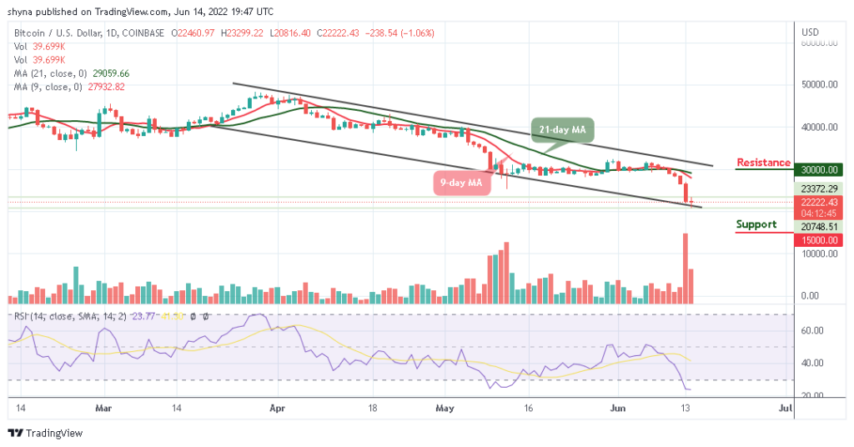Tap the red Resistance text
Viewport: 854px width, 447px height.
tap(763, 162)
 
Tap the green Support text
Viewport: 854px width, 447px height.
tap(756, 224)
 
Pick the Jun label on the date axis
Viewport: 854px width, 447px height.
tap(615, 409)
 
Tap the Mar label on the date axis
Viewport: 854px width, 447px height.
tap(103, 409)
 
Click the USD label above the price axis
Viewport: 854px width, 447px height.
tap(810, 33)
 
